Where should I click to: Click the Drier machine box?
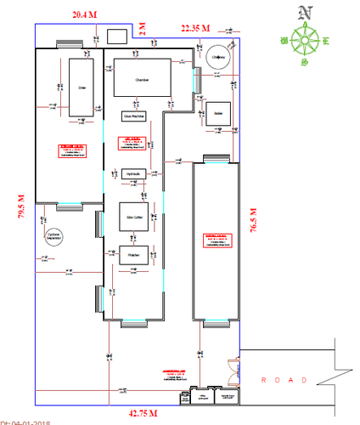coord(81,88)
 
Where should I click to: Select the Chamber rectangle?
coord(142,80)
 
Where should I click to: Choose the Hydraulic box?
coord(132,173)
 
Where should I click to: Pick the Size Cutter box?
coord(134,217)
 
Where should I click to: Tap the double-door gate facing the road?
coord(232,373)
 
